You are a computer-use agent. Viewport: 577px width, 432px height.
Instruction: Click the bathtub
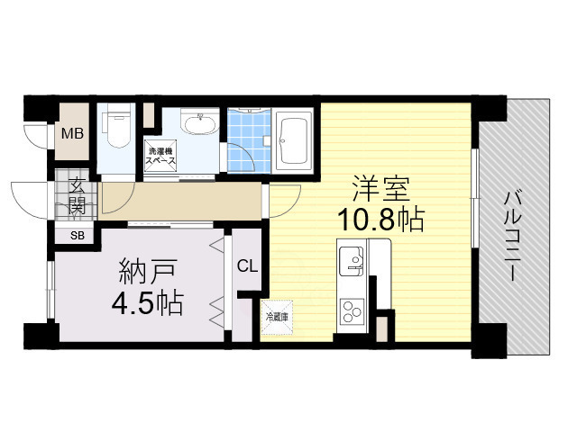point(293,139)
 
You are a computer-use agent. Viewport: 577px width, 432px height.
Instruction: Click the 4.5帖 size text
point(148,302)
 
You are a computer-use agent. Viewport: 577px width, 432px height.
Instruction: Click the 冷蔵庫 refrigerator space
point(277,317)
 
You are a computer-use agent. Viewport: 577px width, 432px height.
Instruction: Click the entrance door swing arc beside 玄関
point(30,200)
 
